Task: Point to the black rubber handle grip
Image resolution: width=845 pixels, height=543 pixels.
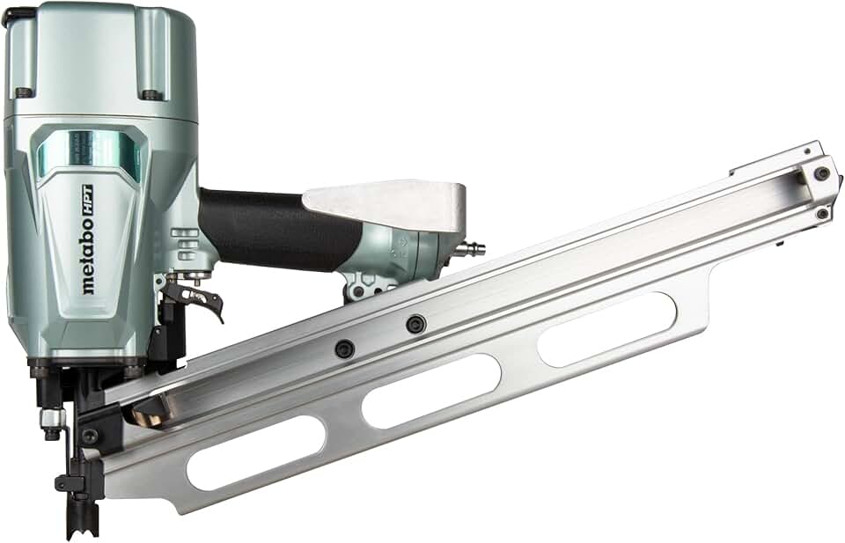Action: (273, 227)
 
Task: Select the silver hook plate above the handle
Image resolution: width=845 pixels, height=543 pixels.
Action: (387, 199)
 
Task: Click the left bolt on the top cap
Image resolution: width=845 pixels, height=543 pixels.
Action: (24, 92)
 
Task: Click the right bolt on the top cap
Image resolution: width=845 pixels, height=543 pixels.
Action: (151, 94)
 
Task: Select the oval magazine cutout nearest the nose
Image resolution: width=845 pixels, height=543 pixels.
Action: (255, 452)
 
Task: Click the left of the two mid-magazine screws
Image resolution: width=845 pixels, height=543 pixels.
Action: (344, 349)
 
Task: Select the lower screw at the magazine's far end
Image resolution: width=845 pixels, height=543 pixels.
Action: (822, 213)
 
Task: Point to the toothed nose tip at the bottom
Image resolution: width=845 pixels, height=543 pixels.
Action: (83, 525)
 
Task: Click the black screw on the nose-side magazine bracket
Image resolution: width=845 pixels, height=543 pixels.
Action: (90, 437)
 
